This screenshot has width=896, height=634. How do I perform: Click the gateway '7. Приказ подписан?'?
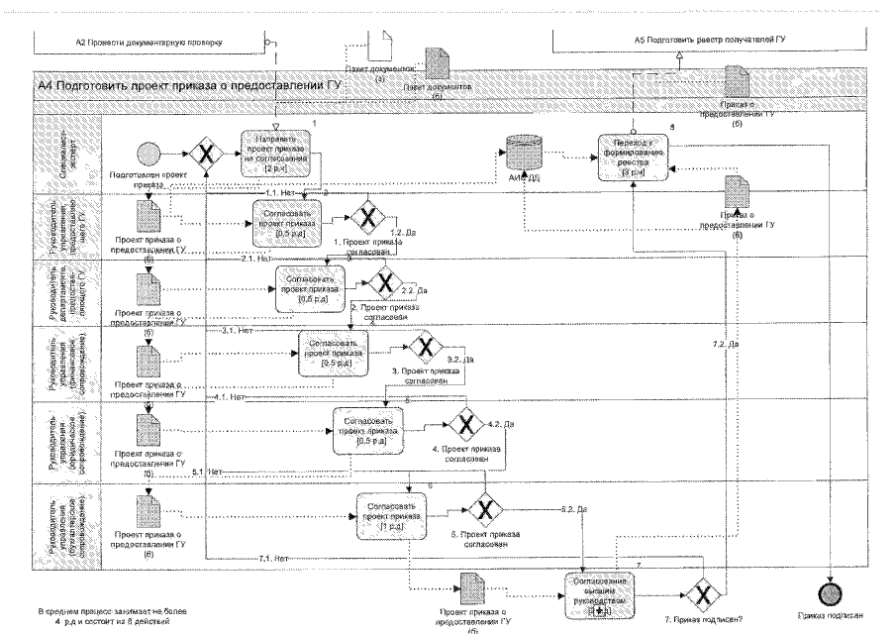[x=704, y=593]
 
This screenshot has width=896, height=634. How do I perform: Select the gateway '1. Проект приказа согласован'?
[x=368, y=217]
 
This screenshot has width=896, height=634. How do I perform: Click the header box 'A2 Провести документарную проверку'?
[x=149, y=43]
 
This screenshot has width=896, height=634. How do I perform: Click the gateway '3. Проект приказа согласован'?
[x=428, y=348]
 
